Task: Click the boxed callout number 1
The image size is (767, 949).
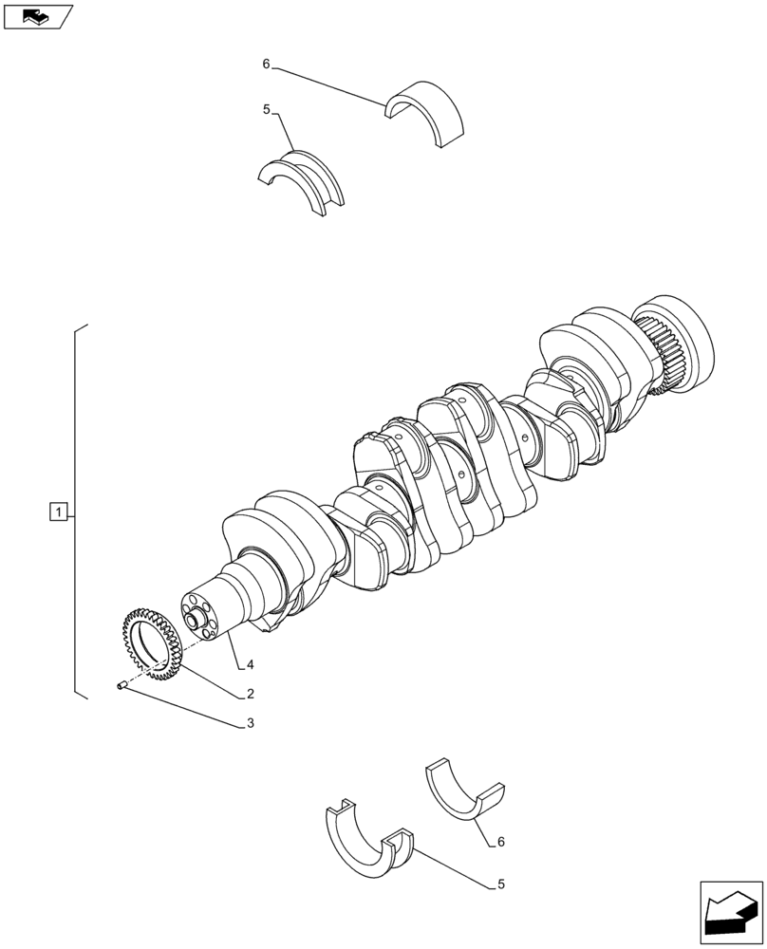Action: (x=59, y=513)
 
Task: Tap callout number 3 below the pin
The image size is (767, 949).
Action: (x=250, y=723)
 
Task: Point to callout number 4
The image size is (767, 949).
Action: (x=250, y=663)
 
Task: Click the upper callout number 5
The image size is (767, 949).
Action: (x=268, y=110)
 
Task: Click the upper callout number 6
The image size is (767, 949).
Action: (x=266, y=64)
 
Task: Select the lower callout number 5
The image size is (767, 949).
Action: (x=499, y=884)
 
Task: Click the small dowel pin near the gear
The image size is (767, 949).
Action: (x=122, y=686)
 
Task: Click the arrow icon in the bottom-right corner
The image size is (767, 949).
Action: (x=730, y=912)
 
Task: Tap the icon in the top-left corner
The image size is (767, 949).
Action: (x=38, y=16)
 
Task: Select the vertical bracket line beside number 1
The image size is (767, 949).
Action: (x=75, y=512)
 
